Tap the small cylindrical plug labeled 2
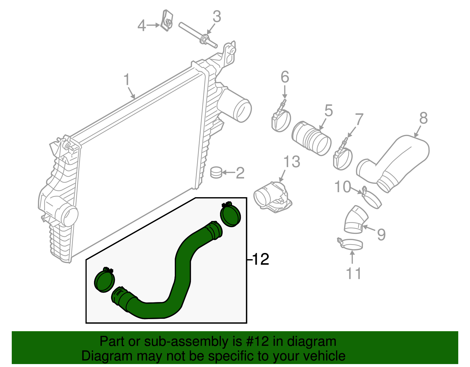[216, 172]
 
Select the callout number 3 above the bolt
[217, 17]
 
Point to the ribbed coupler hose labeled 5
[311, 138]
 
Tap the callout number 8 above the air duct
[423, 118]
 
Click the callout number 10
[343, 187]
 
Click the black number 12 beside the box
[261, 259]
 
